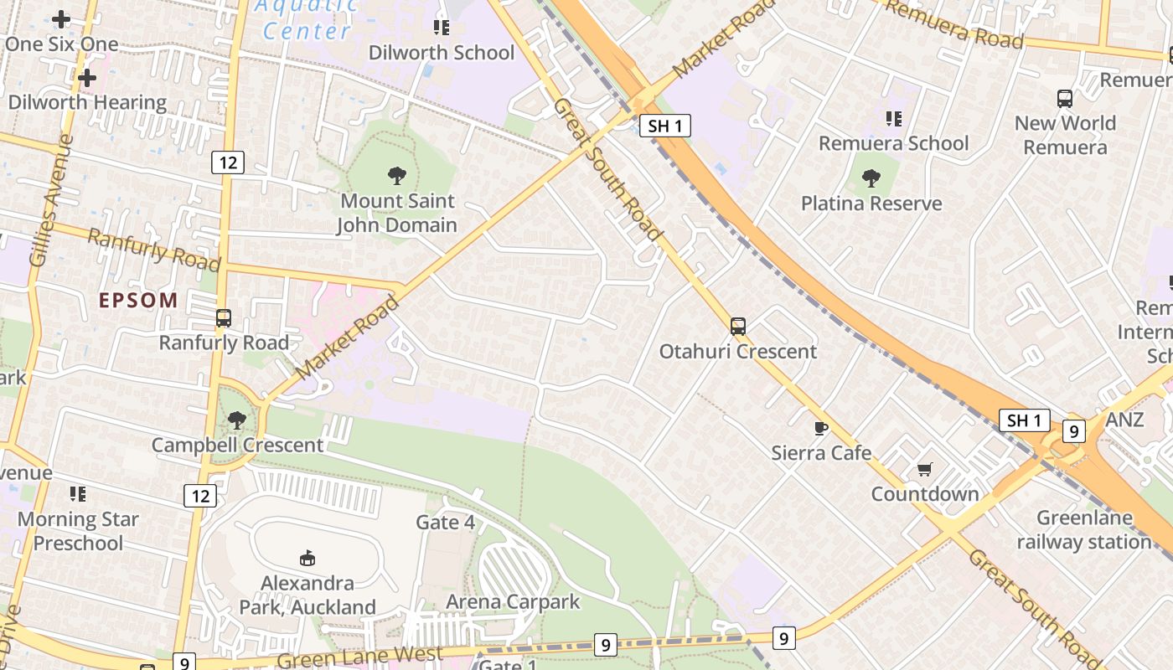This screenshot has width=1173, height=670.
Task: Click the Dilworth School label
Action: pyautogui.click(x=442, y=53)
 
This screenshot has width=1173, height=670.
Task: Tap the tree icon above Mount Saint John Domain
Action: pyautogui.click(x=397, y=176)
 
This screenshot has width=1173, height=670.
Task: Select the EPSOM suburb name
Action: pyautogui.click(x=138, y=300)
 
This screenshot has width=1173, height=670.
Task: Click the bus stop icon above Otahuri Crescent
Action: pyautogui.click(x=737, y=327)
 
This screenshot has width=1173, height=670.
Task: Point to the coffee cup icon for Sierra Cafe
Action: pyautogui.click(x=821, y=429)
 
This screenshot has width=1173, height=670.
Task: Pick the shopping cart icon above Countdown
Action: pyautogui.click(x=924, y=470)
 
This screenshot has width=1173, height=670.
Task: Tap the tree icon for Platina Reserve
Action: pyautogui.click(x=871, y=178)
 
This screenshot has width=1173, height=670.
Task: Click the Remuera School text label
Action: pyautogui.click(x=893, y=143)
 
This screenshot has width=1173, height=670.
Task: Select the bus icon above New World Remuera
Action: pyautogui.click(x=1064, y=99)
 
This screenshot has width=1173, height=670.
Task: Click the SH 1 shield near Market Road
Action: pyautogui.click(x=665, y=126)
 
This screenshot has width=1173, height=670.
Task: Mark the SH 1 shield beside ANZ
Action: pyautogui.click(x=1024, y=420)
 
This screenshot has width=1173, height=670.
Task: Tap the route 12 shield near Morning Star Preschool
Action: pyautogui.click(x=200, y=496)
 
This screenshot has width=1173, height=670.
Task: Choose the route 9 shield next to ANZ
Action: pyautogui.click(x=1073, y=431)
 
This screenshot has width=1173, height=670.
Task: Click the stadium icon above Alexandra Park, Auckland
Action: pyautogui.click(x=307, y=558)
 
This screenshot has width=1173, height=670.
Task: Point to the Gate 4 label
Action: pyautogui.click(x=445, y=523)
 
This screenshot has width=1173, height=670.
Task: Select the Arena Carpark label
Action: pyautogui.click(x=513, y=601)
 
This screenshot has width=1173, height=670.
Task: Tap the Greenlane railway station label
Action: pyautogui.click(x=1084, y=529)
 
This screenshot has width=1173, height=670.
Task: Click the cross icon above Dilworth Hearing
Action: pyautogui.click(x=86, y=78)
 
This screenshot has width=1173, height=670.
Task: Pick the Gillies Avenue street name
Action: pyautogui.click(x=50, y=201)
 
